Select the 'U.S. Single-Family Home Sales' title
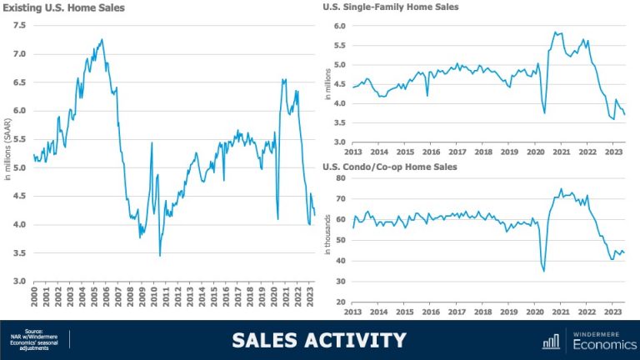point(390,7)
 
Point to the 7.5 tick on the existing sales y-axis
point(19,26)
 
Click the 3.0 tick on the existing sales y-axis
point(19,281)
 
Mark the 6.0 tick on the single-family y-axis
point(339,26)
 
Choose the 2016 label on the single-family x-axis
point(430,152)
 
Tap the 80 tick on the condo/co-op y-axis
point(340,178)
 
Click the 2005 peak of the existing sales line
point(102,39)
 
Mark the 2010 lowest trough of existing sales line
point(160,255)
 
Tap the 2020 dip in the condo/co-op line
point(544,271)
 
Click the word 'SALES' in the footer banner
point(275,340)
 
